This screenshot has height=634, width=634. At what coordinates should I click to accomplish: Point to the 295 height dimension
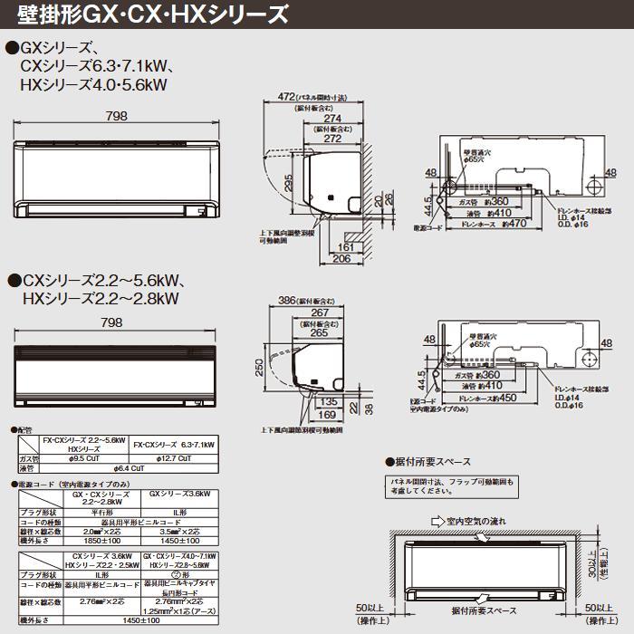pyautogui.click(x=289, y=184)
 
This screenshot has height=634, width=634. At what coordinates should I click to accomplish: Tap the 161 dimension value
pyautogui.click(x=347, y=245)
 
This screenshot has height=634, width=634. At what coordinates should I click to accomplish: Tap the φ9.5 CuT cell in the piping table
pyautogui.click(x=84, y=459)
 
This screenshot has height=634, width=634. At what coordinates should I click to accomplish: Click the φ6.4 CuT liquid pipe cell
pyautogui.click(x=129, y=468)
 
